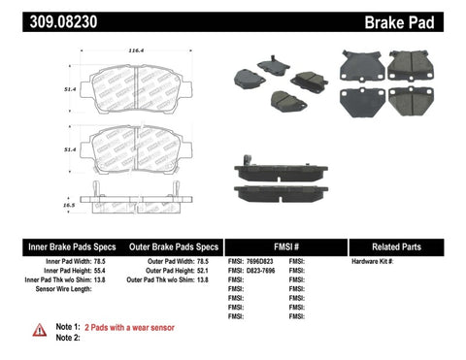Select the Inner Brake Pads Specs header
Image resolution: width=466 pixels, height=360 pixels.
(x=56, y=245)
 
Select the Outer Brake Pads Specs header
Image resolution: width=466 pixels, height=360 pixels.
(x=168, y=245)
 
